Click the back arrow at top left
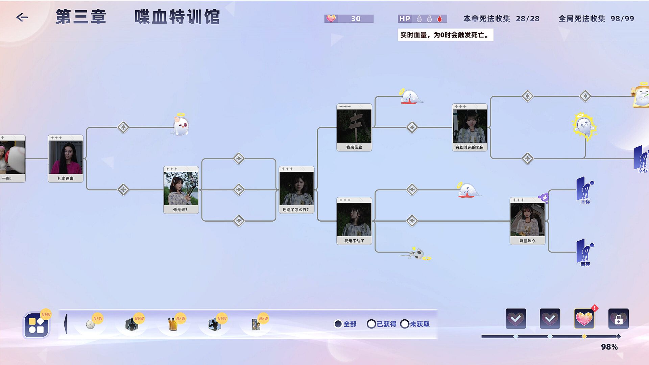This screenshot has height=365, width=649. click(x=22, y=17)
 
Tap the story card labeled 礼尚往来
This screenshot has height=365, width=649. click(x=65, y=159)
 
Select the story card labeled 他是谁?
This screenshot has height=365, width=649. click(x=181, y=190)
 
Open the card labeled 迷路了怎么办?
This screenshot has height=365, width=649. click(x=296, y=190)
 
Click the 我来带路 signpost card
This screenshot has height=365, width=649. click(x=354, y=127)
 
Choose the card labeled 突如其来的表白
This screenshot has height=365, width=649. click(x=470, y=127)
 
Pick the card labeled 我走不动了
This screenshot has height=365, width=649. click(x=354, y=221)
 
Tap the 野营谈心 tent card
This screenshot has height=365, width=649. click(x=527, y=221)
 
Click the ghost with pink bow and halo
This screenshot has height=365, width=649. click(x=181, y=125)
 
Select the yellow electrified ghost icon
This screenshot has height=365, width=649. click(x=584, y=126)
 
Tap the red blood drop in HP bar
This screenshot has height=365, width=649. click(x=439, y=19)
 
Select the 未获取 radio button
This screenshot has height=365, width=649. click(x=405, y=324)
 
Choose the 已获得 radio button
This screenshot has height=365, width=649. click(x=371, y=324)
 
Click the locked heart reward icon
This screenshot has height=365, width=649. click(x=618, y=319)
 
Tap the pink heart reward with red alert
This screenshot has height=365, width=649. click(x=584, y=319)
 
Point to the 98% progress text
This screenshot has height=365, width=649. click(x=609, y=347)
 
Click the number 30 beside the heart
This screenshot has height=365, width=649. click(x=356, y=19)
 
